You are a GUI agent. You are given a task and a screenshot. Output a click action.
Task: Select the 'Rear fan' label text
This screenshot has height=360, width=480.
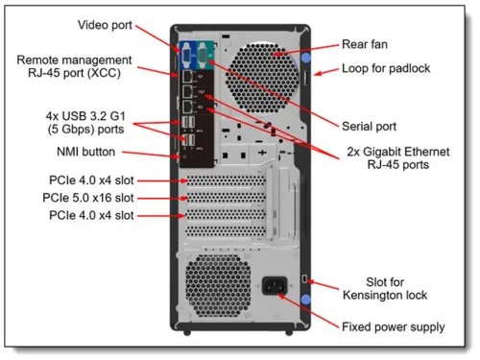click(367, 44)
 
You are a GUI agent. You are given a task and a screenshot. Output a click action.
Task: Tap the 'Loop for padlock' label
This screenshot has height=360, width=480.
click(386, 69)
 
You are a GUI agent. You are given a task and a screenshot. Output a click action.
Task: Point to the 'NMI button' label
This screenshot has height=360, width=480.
click(86, 153)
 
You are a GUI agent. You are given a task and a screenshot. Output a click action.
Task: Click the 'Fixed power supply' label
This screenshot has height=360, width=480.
click(393, 327)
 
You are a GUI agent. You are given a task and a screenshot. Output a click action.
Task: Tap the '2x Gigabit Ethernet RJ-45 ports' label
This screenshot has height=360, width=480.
click(387, 157)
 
